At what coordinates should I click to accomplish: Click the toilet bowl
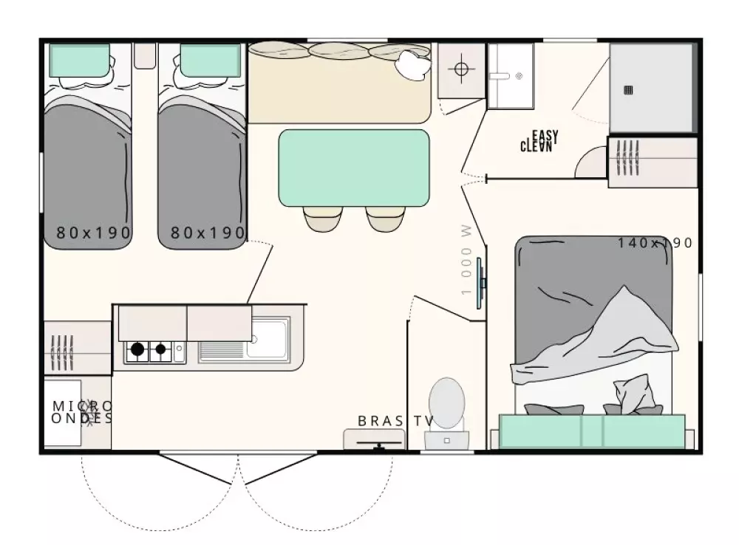coord(446,403)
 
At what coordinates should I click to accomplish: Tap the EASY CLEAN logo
coord(539,141)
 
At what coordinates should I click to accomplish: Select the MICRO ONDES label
coord(82,412)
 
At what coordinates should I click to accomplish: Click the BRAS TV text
coord(395,421)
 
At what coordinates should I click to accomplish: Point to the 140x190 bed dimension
coord(655,243)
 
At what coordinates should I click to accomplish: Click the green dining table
coord(354,168)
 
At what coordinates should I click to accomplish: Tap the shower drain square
coord(628,90)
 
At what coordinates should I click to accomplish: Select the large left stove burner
coord(137,349)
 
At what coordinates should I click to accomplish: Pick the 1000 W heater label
coord(466,260)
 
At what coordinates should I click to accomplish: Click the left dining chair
coord(321,219)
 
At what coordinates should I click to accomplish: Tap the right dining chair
coord(385,219)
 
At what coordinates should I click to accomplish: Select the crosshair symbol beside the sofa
coord(461,69)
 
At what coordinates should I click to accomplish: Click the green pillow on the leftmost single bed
coord(80,61)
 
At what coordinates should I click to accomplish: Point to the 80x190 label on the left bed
coord(93,232)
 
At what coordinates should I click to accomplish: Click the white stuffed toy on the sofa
coord(413,64)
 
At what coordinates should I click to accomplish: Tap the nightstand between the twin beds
coord(144,56)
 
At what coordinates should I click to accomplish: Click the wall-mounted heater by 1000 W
coord(480,283)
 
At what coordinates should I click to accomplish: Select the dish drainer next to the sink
coord(221,350)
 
